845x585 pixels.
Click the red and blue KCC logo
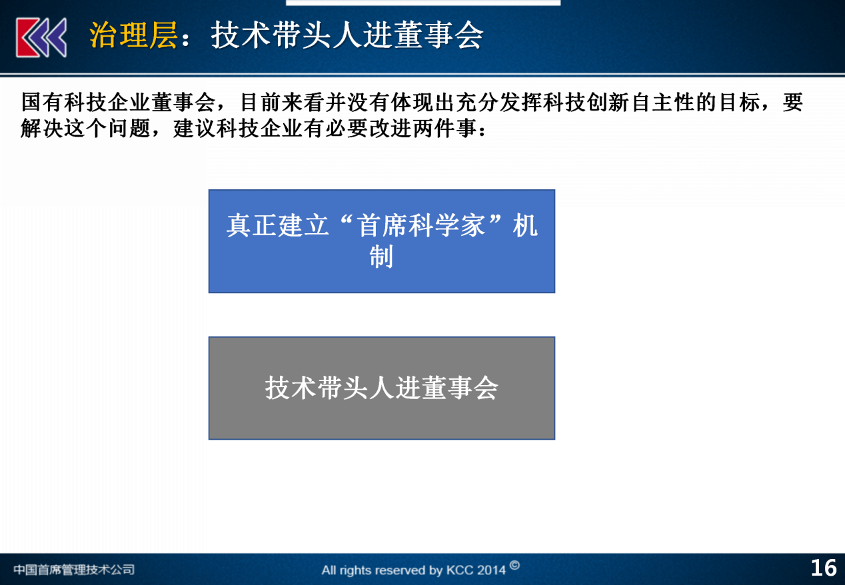[x=41, y=37]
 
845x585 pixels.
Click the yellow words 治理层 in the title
[x=133, y=35]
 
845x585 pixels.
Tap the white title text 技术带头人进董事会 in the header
[x=347, y=35]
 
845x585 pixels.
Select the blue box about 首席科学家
[x=381, y=241]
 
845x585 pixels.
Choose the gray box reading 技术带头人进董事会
[x=381, y=388]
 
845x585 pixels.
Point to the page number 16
[x=824, y=568]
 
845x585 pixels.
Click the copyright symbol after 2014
[x=514, y=566]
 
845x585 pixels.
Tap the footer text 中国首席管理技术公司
[x=74, y=569]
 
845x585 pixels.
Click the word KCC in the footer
[x=458, y=570]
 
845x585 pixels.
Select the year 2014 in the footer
[x=490, y=570]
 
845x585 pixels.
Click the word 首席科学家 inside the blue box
[x=421, y=226]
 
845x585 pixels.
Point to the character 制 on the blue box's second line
[x=381, y=257]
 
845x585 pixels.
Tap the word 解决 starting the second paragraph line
[x=42, y=128]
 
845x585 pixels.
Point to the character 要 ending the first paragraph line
[x=792, y=102]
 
